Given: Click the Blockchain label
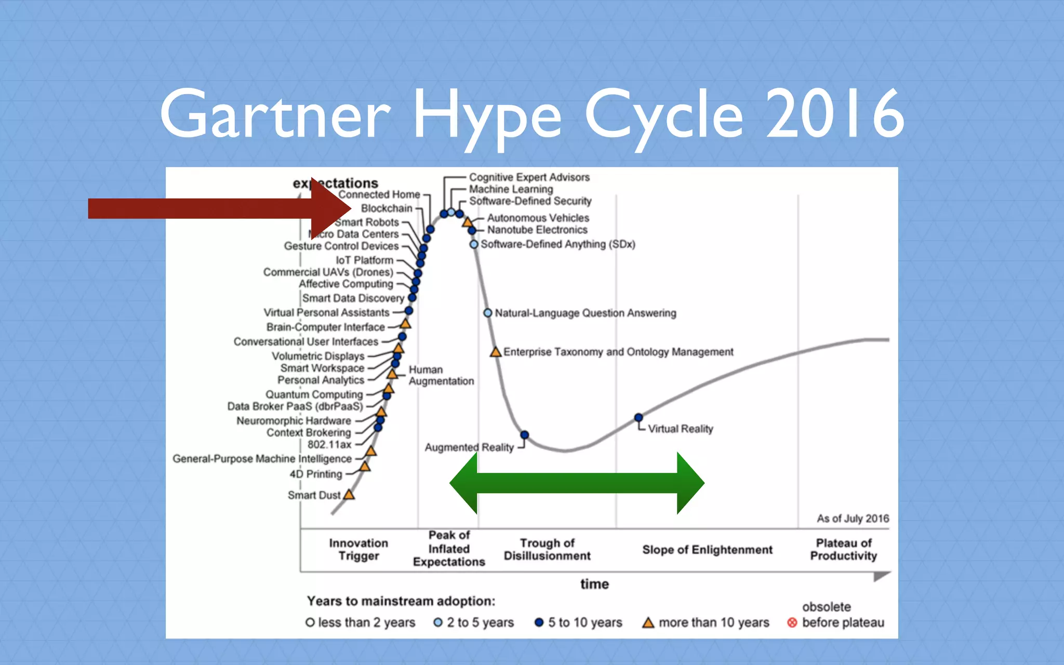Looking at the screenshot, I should [387, 208].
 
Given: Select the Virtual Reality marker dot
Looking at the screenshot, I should [639, 417].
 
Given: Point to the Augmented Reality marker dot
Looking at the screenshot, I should [525, 435].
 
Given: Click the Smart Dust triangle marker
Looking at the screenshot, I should [349, 495].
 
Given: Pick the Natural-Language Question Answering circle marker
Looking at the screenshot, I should [488, 313].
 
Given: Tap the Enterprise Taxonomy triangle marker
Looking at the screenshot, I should [496, 352].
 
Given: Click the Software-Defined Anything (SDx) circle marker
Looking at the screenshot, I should [474, 244].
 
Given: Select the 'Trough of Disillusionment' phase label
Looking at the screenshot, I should [547, 549].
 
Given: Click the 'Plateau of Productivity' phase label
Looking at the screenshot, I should [843, 549].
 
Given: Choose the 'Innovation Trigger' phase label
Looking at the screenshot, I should [358, 549].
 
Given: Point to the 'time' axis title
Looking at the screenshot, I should [594, 584].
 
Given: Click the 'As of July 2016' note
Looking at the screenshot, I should [853, 518].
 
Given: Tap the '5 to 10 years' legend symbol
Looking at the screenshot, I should [539, 622].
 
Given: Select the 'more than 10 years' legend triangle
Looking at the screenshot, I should [648, 622].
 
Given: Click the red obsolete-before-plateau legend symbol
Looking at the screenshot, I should [792, 622].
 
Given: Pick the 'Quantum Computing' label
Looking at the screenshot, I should [314, 394].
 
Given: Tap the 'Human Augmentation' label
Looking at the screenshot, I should [441, 375].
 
